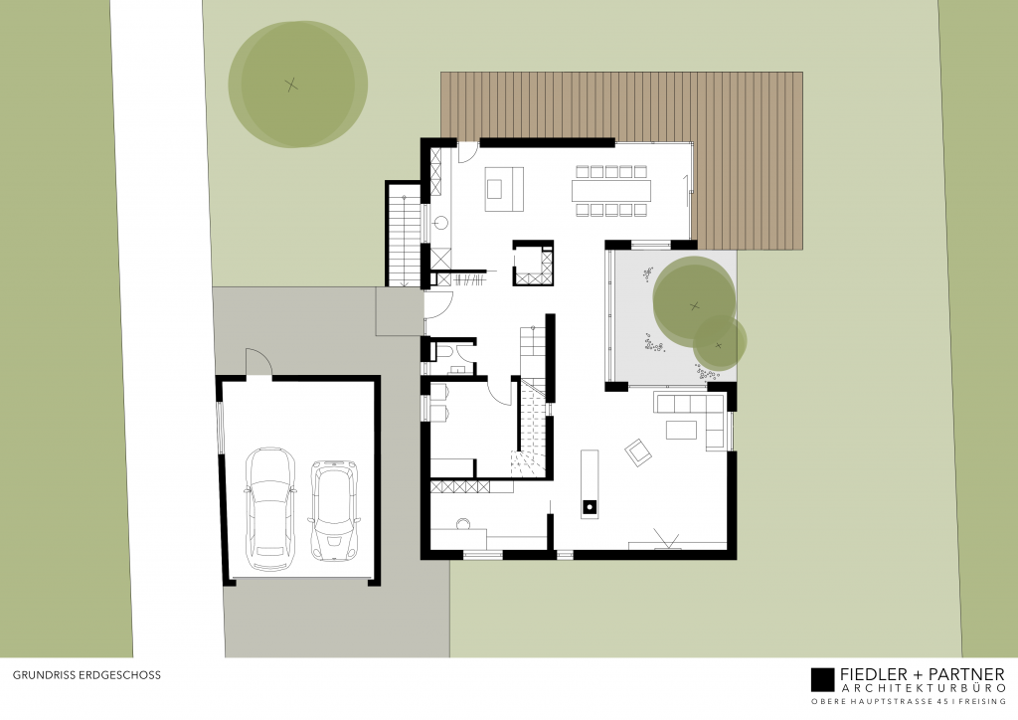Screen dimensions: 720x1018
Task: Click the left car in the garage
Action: pos(268,507)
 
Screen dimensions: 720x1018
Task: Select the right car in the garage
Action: pos(334,509)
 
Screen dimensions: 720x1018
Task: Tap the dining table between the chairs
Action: pos(610,189)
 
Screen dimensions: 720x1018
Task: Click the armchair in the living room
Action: pos(636,452)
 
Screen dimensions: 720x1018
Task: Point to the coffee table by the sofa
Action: pos(681,429)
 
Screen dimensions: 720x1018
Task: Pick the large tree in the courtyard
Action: pos(694,300)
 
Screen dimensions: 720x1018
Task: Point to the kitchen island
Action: pos(504,189)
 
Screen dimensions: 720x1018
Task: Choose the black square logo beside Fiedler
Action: pos(821,678)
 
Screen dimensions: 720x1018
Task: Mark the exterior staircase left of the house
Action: pos(405,235)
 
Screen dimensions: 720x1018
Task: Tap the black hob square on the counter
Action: pos(589,505)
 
